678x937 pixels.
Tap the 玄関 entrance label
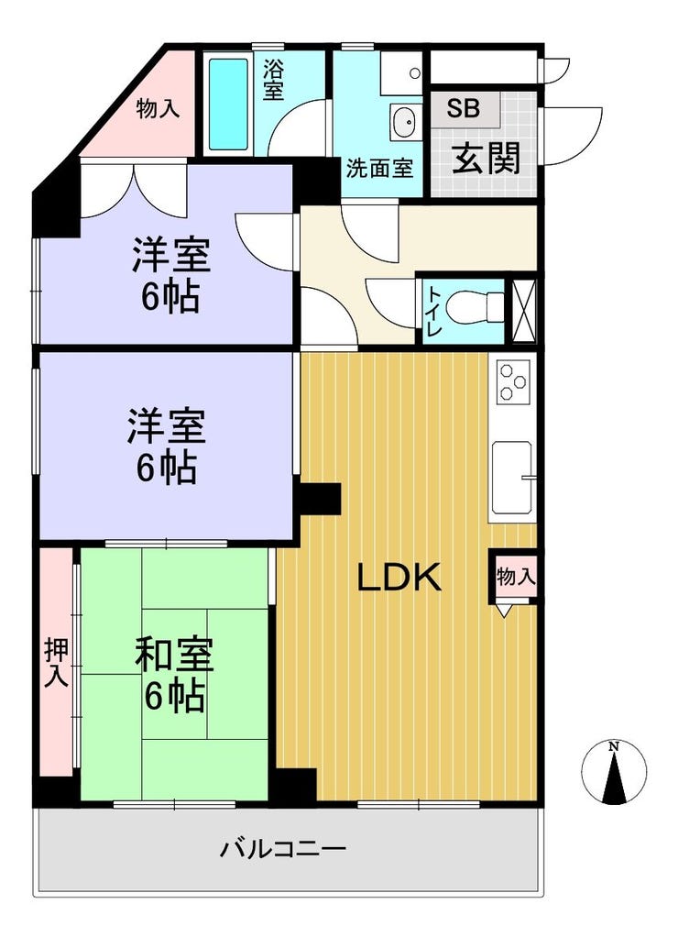pos(487,159)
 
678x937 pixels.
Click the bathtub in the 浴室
pos(227,104)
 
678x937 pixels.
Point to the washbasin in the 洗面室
pos(403,120)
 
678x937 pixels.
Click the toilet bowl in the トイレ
pos(481,303)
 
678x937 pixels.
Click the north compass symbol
pos(614,770)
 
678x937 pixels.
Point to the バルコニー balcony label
pos(282,849)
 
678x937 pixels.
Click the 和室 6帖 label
pos(174,676)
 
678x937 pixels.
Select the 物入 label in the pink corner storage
pos(158,109)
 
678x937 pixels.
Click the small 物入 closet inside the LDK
pos(514,577)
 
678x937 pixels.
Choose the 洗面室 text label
pos(378,169)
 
